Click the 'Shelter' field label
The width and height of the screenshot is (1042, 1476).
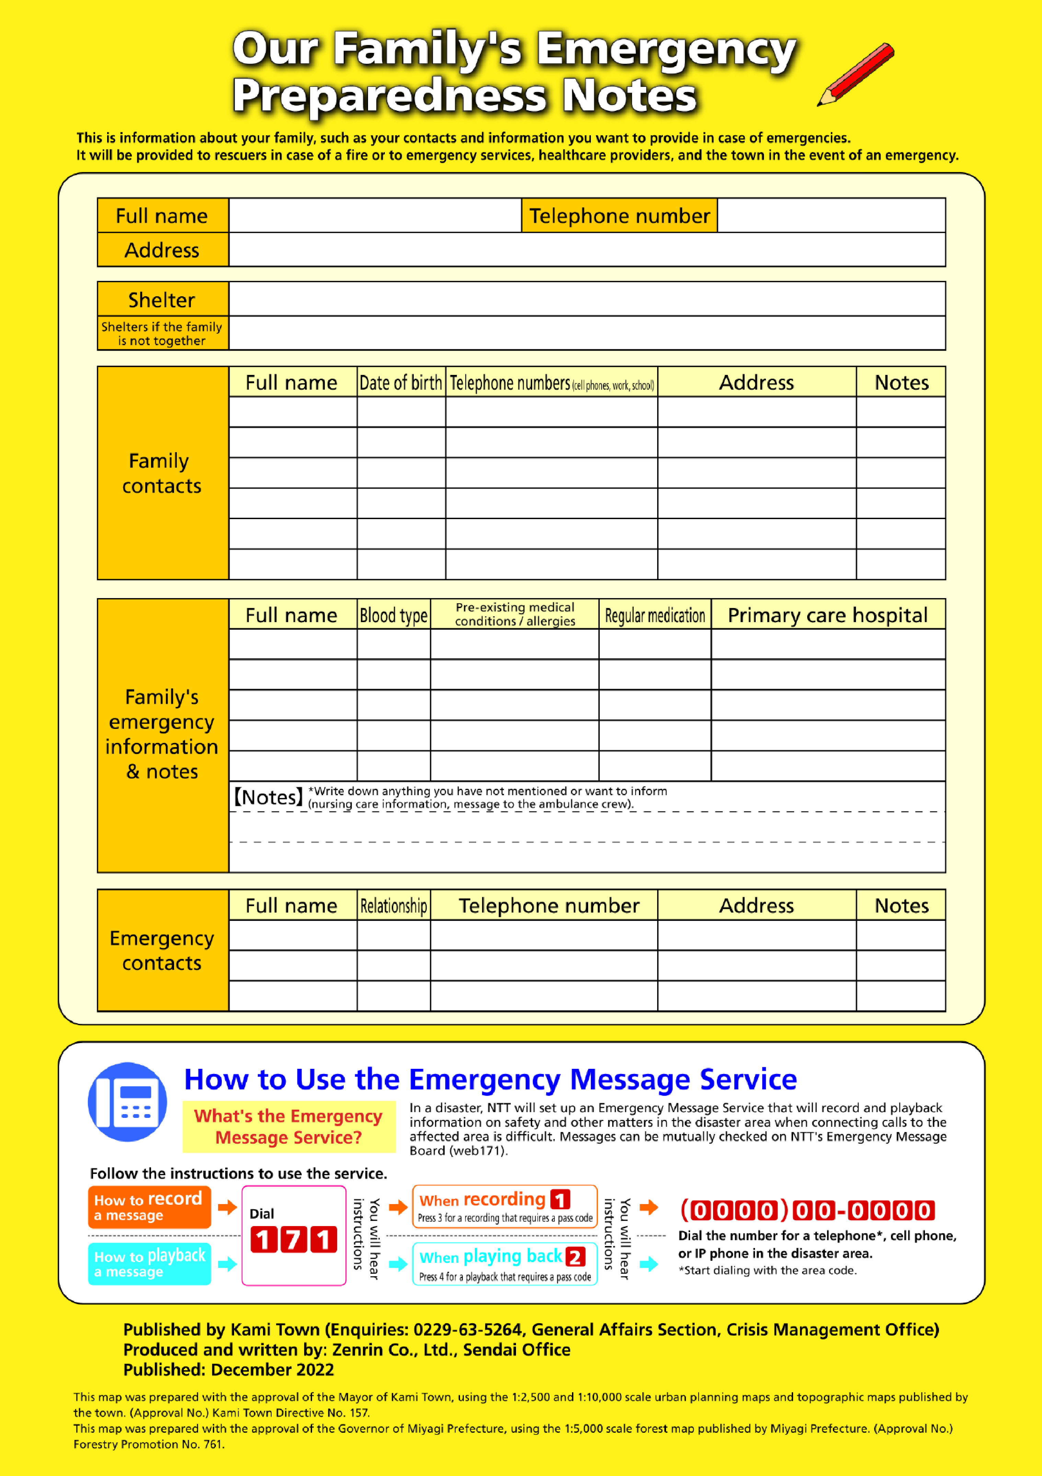point(162,300)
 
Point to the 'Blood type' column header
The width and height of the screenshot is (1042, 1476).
point(393,615)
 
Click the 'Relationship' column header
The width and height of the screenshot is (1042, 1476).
point(393,906)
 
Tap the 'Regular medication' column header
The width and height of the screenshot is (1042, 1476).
point(654,615)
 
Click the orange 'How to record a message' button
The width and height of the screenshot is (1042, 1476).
point(149,1206)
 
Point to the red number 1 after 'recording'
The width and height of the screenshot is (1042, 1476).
point(560,1200)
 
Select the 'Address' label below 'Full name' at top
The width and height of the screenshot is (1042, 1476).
point(162,250)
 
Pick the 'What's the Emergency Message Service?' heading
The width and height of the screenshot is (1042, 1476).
point(289,1126)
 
